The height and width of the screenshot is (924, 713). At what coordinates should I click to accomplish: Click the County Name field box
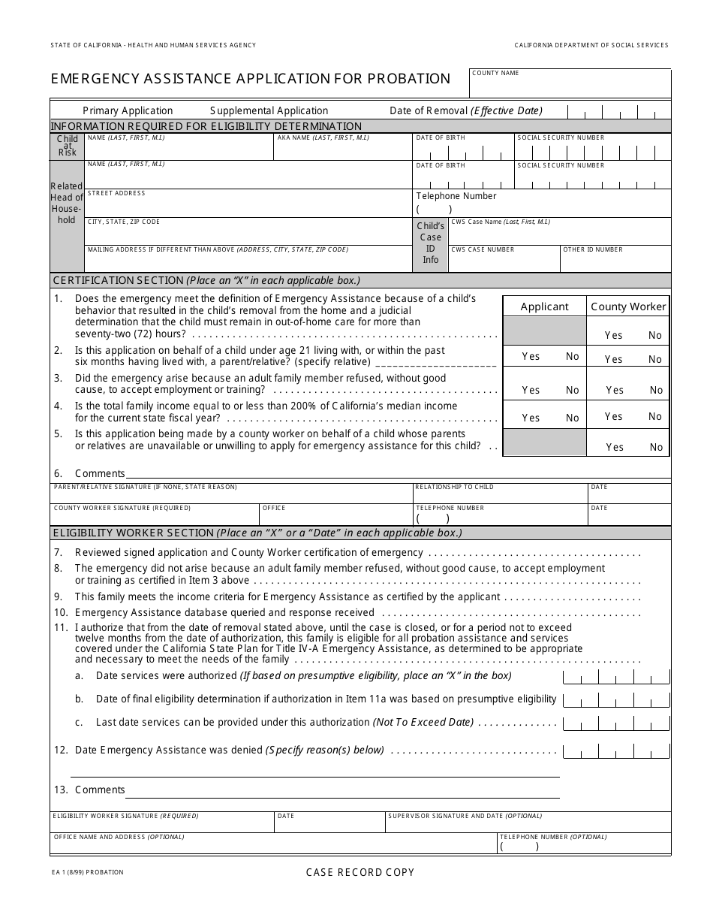[x=570, y=84]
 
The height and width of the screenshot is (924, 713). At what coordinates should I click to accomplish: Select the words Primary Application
[x=128, y=110]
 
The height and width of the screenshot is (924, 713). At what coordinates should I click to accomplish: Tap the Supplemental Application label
[x=269, y=110]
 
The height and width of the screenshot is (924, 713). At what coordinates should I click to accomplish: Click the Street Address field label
[x=116, y=193]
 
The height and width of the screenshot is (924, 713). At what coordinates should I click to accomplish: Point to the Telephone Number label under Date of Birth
[x=456, y=196]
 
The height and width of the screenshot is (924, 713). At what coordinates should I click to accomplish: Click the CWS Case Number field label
[x=483, y=249]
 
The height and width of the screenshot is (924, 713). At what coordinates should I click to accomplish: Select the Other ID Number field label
[x=593, y=249]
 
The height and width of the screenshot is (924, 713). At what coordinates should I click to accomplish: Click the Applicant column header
[x=544, y=306]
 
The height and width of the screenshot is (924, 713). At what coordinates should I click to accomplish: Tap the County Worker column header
[x=628, y=306]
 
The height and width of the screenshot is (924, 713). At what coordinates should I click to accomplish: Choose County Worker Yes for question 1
[x=613, y=336]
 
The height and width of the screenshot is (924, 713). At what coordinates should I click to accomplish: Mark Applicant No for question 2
[x=573, y=357]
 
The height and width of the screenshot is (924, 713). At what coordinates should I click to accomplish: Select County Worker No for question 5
[x=656, y=447]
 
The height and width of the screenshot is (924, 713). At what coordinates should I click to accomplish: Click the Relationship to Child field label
[x=454, y=487]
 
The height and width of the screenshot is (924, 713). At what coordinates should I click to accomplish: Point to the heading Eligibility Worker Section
[x=133, y=533]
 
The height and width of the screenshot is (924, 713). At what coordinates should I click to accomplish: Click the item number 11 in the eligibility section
[x=60, y=627]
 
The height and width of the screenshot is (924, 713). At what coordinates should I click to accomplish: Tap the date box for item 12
[x=615, y=750]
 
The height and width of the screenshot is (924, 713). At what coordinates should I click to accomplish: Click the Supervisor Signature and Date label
[x=465, y=816]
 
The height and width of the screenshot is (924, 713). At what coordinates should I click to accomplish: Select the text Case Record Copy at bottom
[x=360, y=872]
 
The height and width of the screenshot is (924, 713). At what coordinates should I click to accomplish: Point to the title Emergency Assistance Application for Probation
[x=251, y=79]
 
